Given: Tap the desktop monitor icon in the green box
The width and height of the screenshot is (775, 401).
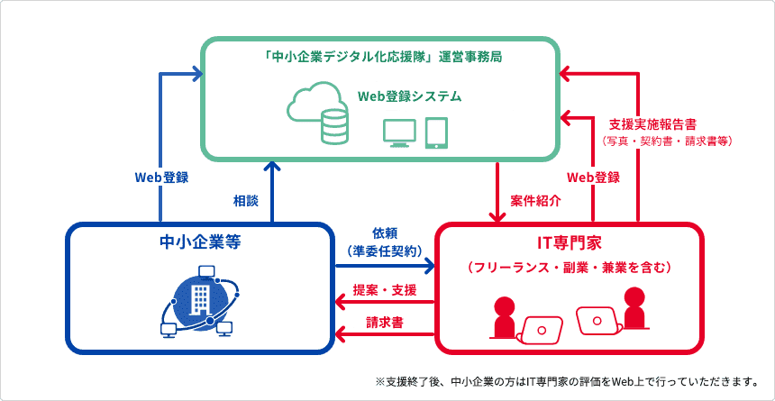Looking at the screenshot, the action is tap(399, 133).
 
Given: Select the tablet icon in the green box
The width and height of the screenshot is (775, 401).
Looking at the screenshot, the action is tap(436, 133).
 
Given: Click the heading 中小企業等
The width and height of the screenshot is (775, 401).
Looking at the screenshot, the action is tap(200, 242).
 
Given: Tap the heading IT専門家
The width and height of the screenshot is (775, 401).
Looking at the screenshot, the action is tap(569, 244).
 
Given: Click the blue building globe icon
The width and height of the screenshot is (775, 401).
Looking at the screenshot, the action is tap(200, 302).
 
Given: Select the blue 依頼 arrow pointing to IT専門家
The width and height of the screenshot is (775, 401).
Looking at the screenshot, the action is tap(385, 267).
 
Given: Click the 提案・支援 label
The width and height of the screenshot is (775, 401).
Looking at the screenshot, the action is tap(385, 291).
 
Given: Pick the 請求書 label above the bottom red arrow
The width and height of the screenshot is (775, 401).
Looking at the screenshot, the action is tap(385, 323).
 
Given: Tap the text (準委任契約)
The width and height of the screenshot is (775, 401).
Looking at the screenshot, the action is tap(385, 251).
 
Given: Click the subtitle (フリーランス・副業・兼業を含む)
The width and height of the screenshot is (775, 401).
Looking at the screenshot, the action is tap(569, 268).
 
